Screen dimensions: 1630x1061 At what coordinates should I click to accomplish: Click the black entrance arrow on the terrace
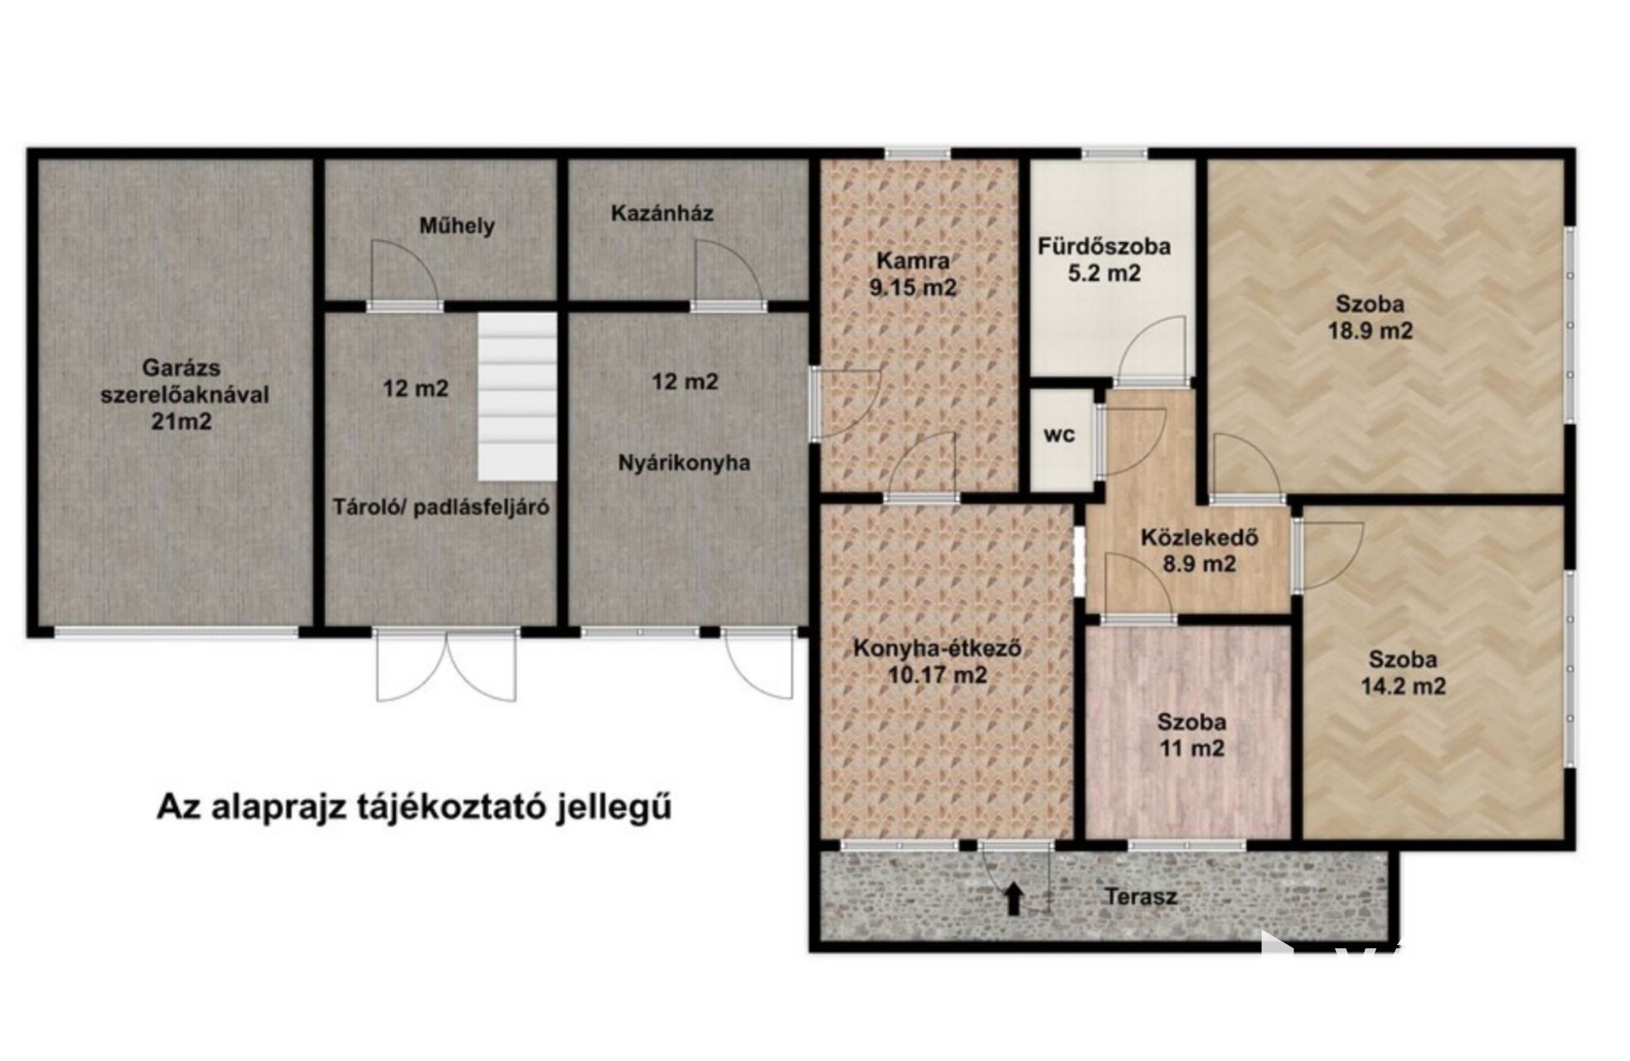[1012, 899]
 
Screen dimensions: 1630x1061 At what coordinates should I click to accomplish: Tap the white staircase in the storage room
[517, 396]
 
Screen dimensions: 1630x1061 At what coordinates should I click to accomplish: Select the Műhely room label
[457, 225]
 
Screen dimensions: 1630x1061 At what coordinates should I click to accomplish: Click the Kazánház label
[662, 213]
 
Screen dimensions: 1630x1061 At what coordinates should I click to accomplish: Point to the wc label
[1060, 435]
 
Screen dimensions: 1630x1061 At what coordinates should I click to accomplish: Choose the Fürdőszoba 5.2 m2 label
[1104, 259]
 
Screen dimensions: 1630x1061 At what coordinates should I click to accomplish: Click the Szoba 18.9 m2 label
[1370, 317]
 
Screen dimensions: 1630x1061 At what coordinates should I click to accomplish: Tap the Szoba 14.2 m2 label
[1403, 673]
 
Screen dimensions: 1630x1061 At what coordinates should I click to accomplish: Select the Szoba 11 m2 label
[1191, 735]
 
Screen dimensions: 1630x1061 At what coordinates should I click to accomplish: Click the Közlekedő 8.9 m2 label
[1199, 551]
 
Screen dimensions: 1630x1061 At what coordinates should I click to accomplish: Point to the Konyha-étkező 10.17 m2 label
[937, 661]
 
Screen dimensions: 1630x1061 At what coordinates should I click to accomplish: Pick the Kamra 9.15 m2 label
[913, 274]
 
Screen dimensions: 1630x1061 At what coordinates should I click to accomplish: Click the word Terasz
[1140, 896]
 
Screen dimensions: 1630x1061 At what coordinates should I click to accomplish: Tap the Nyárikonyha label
[684, 463]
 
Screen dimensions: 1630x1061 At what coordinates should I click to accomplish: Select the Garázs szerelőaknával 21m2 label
[184, 395]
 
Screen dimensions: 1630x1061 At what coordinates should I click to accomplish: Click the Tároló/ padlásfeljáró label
[441, 506]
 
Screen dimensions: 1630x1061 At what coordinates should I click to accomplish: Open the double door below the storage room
[446, 666]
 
